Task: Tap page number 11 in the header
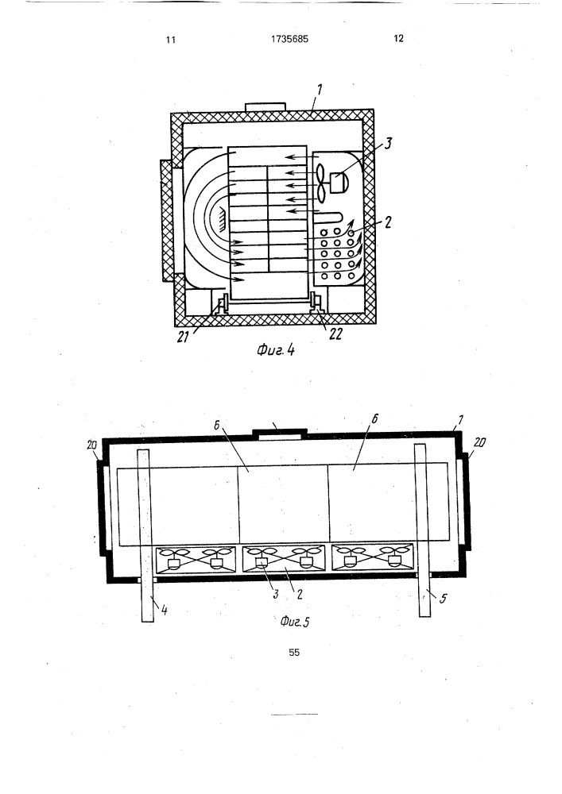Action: [x=170, y=40]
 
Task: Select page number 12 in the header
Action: [x=398, y=39]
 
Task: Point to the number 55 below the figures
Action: [x=293, y=653]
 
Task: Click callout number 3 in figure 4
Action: [x=388, y=144]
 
